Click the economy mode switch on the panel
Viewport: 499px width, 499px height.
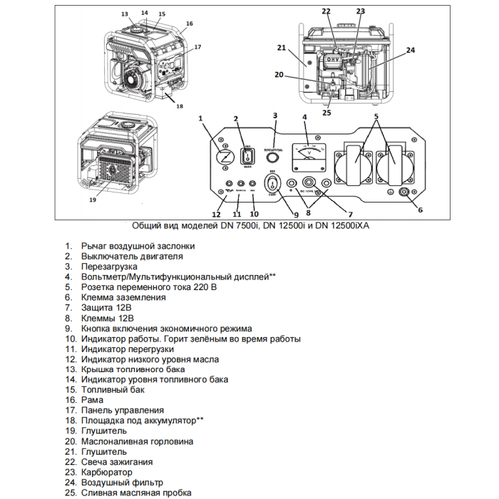pos(273,185)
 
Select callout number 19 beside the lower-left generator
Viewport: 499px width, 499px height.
pos(92,200)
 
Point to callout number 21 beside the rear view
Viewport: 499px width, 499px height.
pos(282,48)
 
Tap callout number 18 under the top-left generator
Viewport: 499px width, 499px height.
pos(180,106)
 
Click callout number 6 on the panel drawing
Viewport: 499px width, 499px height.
pos(420,210)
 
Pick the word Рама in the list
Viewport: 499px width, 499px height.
pos(94,400)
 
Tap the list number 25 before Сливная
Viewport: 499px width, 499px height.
pos(70,493)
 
